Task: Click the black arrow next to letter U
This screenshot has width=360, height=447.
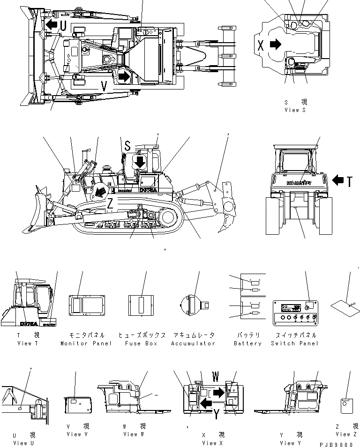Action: pos(51,24)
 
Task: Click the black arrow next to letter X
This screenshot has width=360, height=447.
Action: pos(276,45)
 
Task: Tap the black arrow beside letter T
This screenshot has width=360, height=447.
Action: pos(338,180)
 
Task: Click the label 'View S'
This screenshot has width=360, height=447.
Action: pos(295,110)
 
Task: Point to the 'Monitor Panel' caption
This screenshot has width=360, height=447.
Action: pos(86,343)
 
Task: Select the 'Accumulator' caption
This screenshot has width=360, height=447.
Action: pos(194,343)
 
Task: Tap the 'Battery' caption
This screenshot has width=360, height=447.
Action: pos(247,343)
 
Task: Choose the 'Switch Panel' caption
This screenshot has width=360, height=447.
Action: pos(294,343)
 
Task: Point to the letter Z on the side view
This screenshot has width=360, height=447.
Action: pos(109,202)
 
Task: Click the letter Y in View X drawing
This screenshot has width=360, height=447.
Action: pos(216,414)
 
